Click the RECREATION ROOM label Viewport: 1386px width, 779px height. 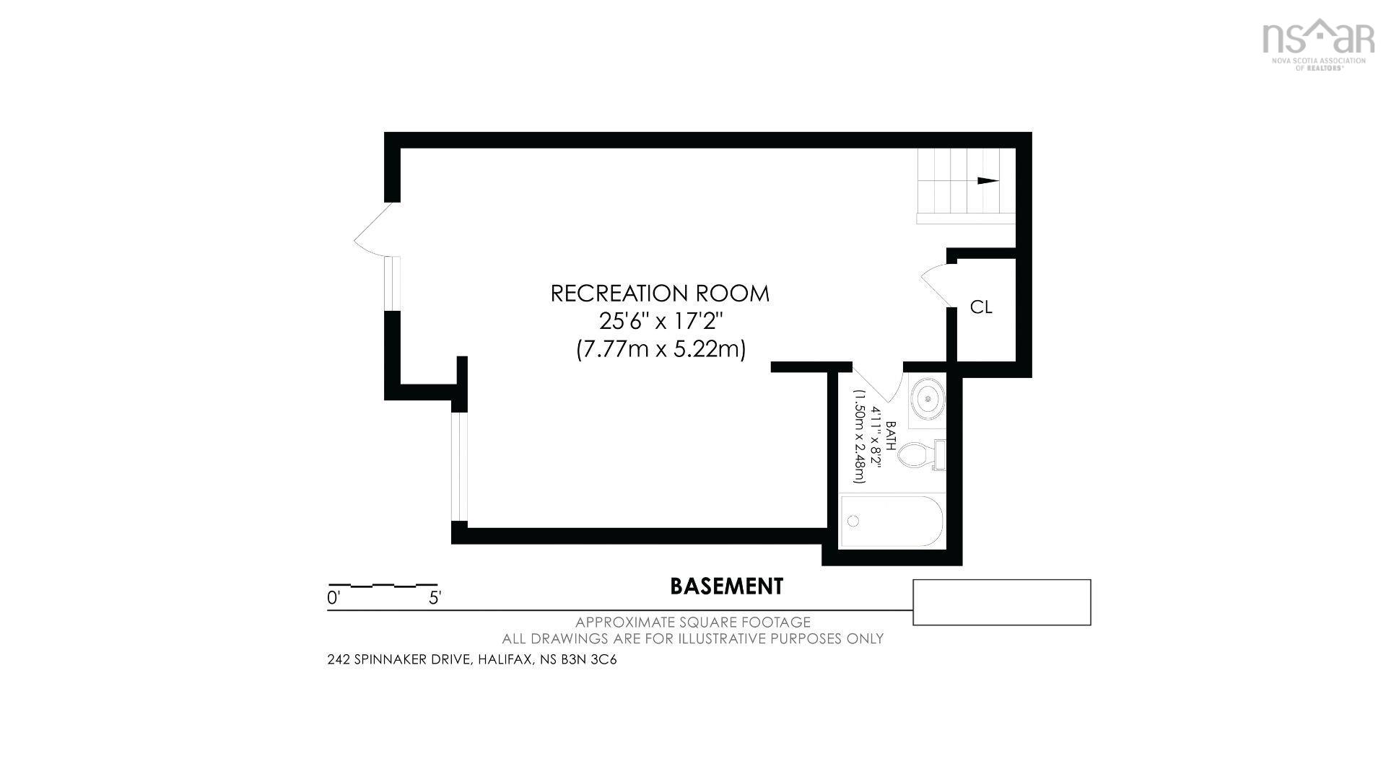[660, 294]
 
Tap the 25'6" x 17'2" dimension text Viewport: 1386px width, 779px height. [661, 321]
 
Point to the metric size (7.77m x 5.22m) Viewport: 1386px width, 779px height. [661, 349]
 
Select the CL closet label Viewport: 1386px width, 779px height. [981, 307]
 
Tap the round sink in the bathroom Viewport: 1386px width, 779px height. [927, 396]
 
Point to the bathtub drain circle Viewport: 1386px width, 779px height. [854, 521]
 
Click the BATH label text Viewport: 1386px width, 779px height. [892, 436]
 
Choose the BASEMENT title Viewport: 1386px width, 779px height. [726, 586]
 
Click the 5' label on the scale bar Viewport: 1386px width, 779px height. [435, 598]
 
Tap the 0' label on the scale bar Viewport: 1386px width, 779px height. [334, 598]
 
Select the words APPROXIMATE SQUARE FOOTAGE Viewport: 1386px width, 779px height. [693, 622]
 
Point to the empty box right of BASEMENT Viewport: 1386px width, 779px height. [1002, 602]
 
